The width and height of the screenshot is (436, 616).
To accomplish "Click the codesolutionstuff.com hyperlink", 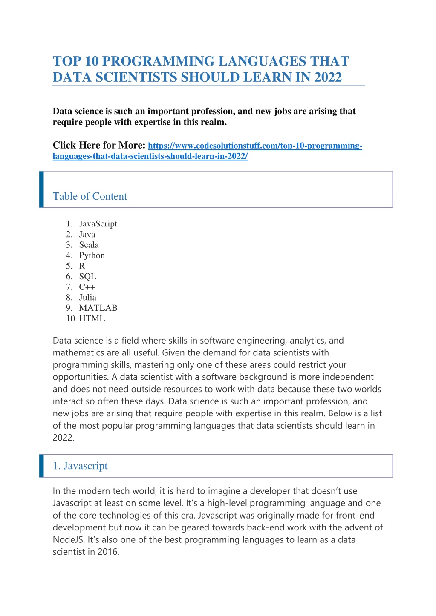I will pos(255,146).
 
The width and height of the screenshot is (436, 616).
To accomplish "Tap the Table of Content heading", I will pos(90,196).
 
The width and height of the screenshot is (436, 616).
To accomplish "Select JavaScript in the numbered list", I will pos(98,224).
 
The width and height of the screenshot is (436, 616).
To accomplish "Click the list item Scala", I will pos(89,245).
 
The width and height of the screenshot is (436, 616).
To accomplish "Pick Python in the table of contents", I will pos(92,255).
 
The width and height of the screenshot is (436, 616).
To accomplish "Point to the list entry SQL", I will pos(87,277).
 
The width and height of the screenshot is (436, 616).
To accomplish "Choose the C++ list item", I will pos(87,287).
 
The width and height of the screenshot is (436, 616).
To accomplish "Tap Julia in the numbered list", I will pos(87,298).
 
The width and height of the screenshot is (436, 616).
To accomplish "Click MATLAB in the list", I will pos(98,308).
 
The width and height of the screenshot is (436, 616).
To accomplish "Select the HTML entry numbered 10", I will pos(92,318).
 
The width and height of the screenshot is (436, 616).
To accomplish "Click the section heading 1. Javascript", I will pos(80,466).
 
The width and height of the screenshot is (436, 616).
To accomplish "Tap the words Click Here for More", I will pos(99,145).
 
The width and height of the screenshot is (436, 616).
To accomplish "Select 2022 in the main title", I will pos(328,77).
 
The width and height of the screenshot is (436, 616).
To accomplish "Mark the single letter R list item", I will pos(82,266).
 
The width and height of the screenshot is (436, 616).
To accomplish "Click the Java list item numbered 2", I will pos(87,235).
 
